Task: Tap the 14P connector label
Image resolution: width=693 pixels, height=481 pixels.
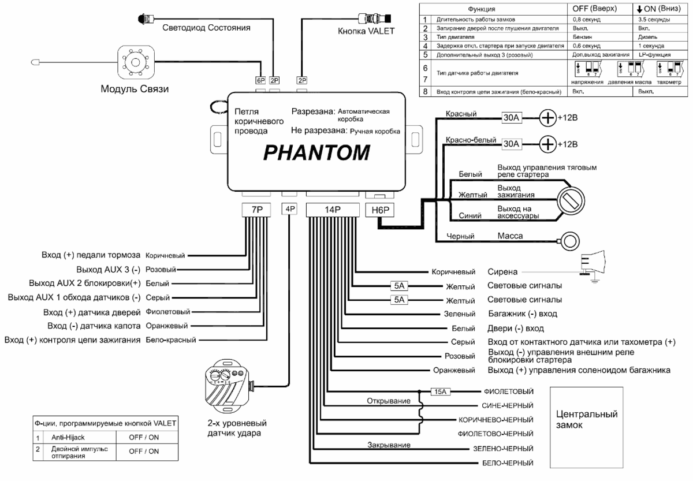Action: point(332,210)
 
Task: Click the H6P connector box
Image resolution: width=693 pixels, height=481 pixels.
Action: point(379,210)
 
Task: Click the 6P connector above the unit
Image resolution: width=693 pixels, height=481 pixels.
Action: point(261,81)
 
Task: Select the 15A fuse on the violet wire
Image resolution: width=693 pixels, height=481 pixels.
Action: point(440,391)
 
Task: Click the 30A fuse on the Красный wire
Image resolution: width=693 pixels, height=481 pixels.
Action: point(511,118)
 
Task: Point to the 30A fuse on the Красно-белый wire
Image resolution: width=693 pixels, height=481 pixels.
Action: point(511,143)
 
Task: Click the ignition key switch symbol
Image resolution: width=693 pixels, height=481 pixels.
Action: point(568,201)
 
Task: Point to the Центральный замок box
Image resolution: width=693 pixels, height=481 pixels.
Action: point(586,420)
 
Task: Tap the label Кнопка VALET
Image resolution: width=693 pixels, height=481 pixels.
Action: point(366,31)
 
